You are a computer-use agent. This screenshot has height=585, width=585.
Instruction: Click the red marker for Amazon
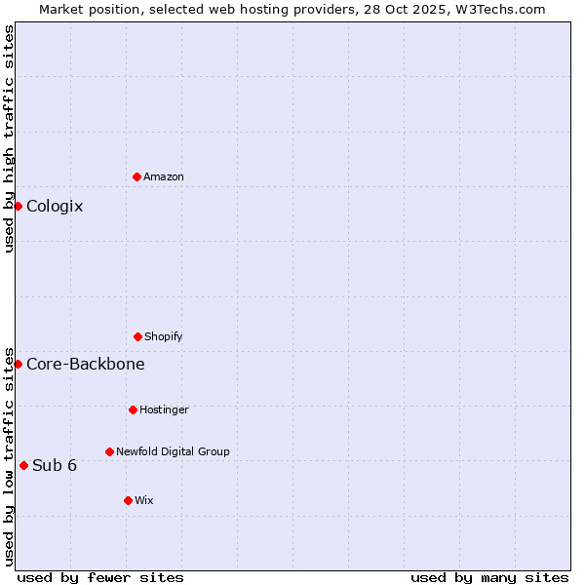[136, 176]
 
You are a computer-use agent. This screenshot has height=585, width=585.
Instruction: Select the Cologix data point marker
[18, 206]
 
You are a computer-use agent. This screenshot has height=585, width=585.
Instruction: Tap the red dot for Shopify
[137, 336]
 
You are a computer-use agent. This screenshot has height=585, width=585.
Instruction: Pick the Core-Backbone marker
[18, 364]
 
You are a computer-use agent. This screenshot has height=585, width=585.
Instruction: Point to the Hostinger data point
[133, 409]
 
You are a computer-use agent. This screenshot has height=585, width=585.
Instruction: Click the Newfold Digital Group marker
[109, 451]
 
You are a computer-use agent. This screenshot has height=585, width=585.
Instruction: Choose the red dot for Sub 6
[23, 465]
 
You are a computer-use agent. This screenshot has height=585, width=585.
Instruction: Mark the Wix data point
[128, 500]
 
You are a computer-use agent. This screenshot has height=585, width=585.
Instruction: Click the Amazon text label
[164, 177]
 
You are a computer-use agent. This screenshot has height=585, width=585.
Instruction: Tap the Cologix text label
[55, 207]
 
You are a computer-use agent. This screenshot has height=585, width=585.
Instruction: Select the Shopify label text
[164, 337]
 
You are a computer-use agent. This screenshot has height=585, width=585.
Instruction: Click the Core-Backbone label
[86, 365]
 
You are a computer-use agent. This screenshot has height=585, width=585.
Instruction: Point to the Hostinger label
[164, 410]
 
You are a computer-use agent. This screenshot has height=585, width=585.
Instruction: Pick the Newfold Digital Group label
[173, 452]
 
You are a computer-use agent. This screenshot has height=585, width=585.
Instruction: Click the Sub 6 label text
[55, 466]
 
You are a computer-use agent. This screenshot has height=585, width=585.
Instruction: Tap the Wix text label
[144, 501]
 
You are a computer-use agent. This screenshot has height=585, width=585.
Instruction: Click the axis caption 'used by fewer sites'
[100, 577]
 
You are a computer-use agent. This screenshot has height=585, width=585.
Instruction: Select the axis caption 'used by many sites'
[489, 577]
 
